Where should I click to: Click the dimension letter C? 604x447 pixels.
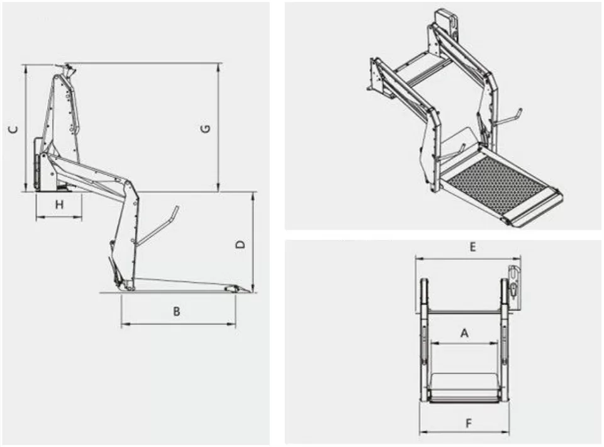pyautogui.click(x=13, y=129)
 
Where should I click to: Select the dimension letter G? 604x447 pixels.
pyautogui.click(x=205, y=129)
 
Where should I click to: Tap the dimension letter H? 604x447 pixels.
pyautogui.click(x=59, y=205)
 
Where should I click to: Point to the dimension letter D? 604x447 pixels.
pyautogui.click(x=240, y=244)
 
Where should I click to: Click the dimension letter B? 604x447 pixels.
pyautogui.click(x=177, y=312)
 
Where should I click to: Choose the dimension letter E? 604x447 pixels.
pyautogui.click(x=472, y=247)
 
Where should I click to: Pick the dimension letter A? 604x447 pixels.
pyautogui.click(x=465, y=334)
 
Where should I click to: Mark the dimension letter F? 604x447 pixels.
pyautogui.click(x=469, y=424)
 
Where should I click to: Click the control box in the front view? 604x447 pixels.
pyautogui.click(x=515, y=286)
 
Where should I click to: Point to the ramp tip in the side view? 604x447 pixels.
pyautogui.click(x=234, y=288)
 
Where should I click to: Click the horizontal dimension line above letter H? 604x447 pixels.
pyautogui.click(x=59, y=218)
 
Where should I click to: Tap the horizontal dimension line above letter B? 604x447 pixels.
pyautogui.click(x=178, y=324)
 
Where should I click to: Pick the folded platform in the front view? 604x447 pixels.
pyautogui.click(x=464, y=385)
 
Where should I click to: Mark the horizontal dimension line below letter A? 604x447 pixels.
pyautogui.click(x=465, y=344)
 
